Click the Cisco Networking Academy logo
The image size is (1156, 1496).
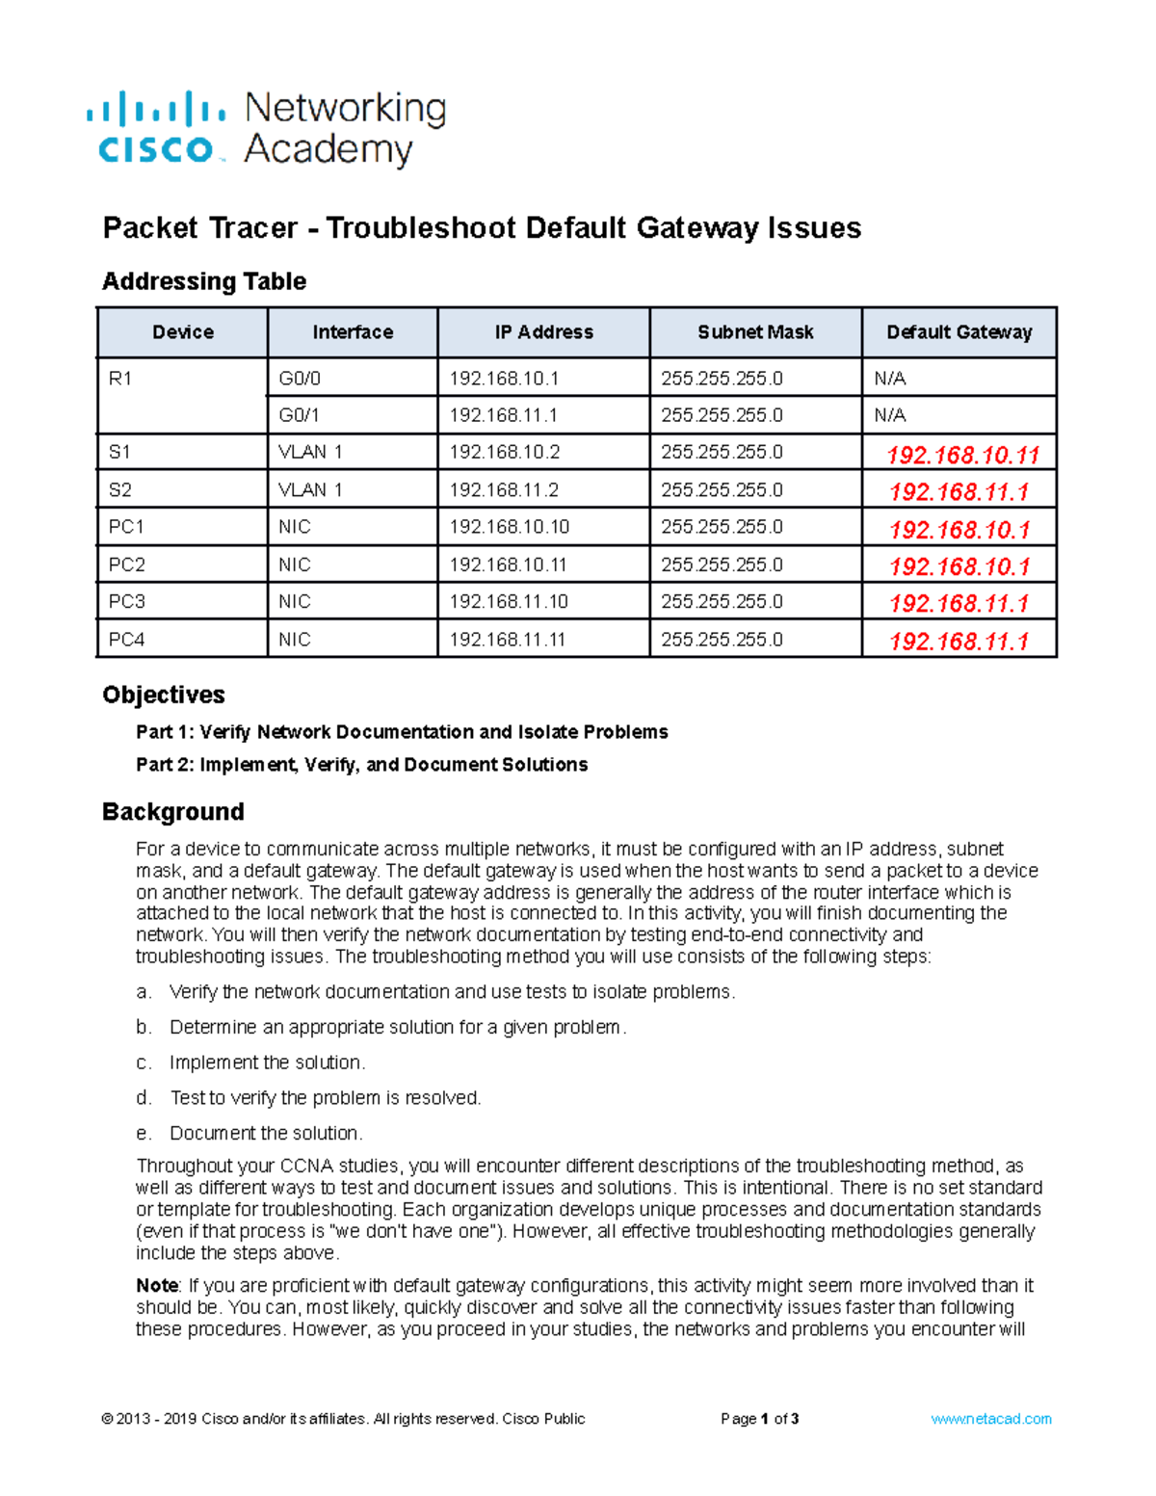pos(266,128)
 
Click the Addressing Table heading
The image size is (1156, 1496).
pos(204,281)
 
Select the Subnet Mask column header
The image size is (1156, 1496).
pos(755,332)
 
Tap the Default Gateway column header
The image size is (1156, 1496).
pos(959,332)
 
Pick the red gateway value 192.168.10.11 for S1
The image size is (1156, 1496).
pos(961,455)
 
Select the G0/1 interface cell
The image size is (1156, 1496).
pos(299,415)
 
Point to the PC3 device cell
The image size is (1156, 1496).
pos(126,602)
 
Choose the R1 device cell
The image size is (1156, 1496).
pos(120,379)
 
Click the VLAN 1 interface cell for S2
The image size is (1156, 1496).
pos(310,490)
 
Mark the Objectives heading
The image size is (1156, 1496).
pos(164,695)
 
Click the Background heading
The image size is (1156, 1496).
pos(173,812)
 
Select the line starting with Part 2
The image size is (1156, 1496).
pos(361,765)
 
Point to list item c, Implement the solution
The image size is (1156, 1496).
pos(266,1063)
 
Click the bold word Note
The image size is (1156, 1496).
pos(157,1286)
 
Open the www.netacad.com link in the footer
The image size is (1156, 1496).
pos(991,1419)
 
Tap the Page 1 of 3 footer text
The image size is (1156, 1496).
pos(759,1419)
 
